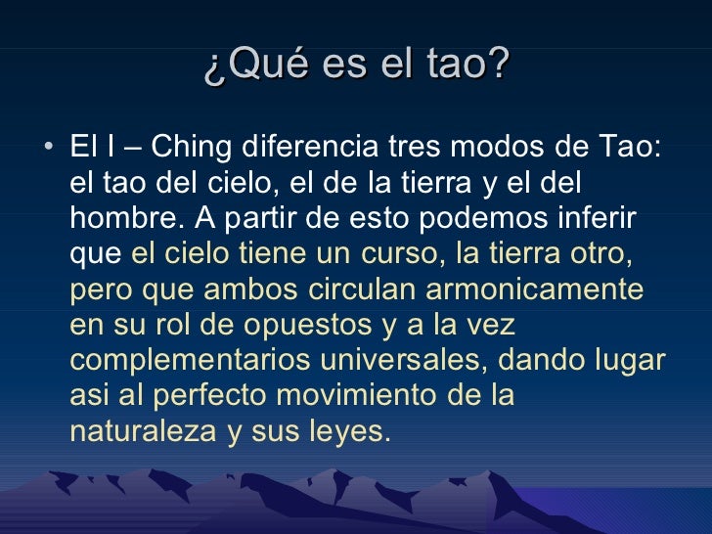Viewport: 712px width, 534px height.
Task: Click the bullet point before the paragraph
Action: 50,148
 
